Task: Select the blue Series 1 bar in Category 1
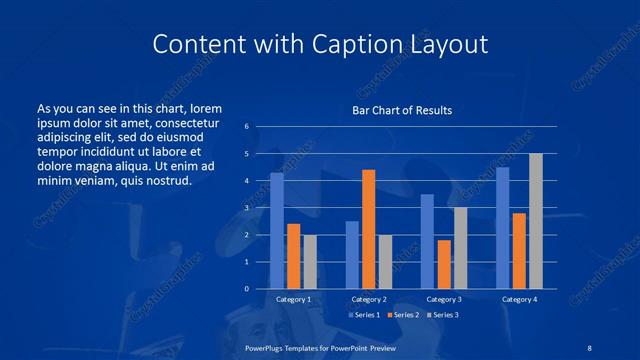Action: click(x=277, y=231)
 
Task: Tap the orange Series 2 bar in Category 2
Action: click(x=369, y=229)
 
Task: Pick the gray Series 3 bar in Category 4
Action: click(x=536, y=221)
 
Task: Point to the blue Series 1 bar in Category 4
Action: click(x=503, y=228)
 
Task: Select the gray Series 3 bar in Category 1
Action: click(x=310, y=262)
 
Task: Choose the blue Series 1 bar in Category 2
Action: click(x=352, y=255)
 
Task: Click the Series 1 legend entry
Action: click(x=361, y=315)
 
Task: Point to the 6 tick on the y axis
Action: click(x=246, y=127)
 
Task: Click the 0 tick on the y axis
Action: click(x=246, y=289)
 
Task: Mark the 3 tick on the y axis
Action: click(x=246, y=208)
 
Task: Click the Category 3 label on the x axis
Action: click(x=444, y=300)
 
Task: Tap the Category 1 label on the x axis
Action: click(x=294, y=300)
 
